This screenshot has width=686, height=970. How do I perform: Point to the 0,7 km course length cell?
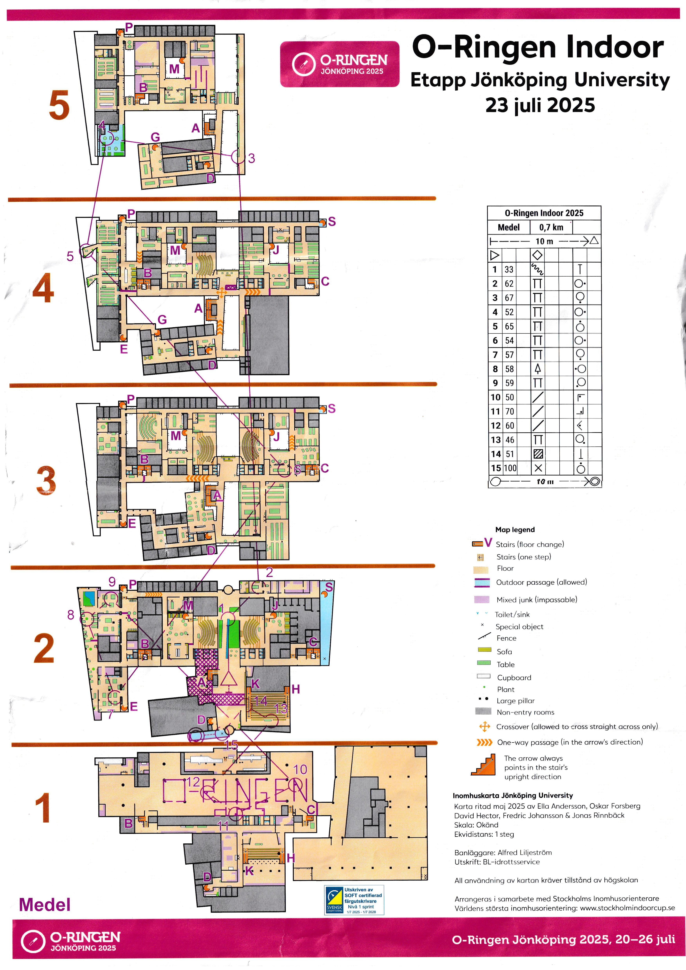(x=551, y=227)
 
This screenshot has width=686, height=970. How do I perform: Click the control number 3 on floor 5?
(x=252, y=158)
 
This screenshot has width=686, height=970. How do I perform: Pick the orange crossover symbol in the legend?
(x=484, y=727)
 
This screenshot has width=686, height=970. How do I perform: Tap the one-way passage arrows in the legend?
(x=484, y=742)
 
